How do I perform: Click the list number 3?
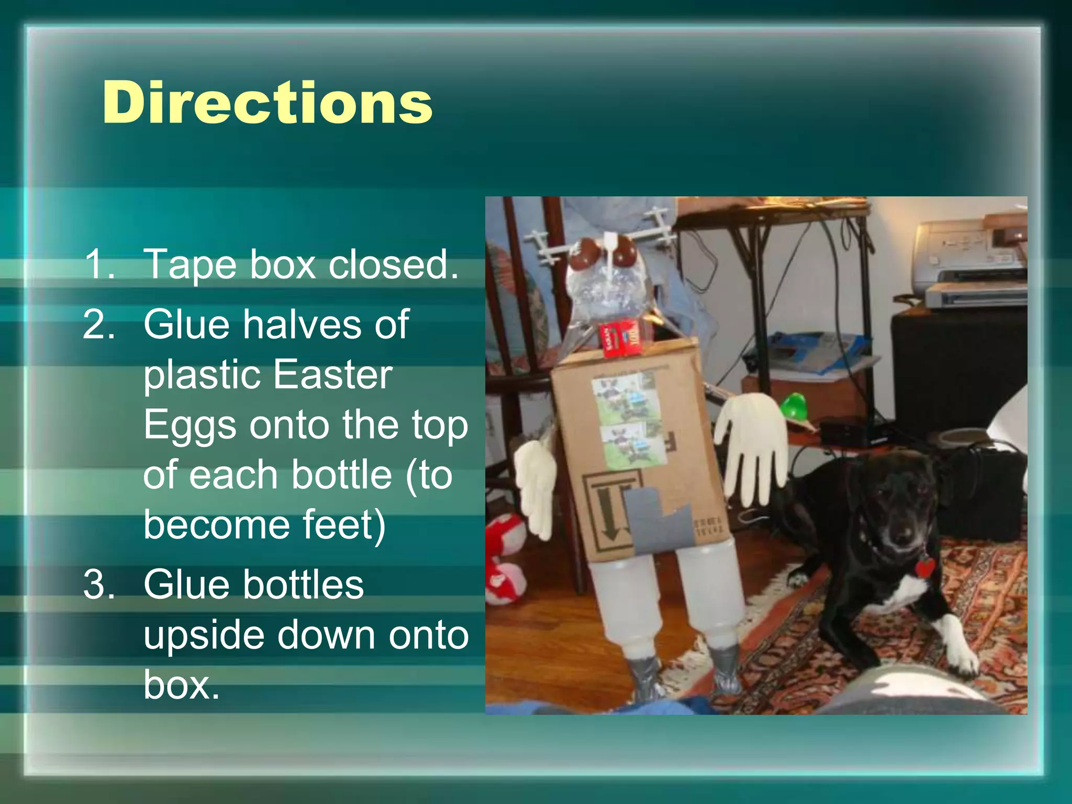(99, 584)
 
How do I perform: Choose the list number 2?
(99, 325)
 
